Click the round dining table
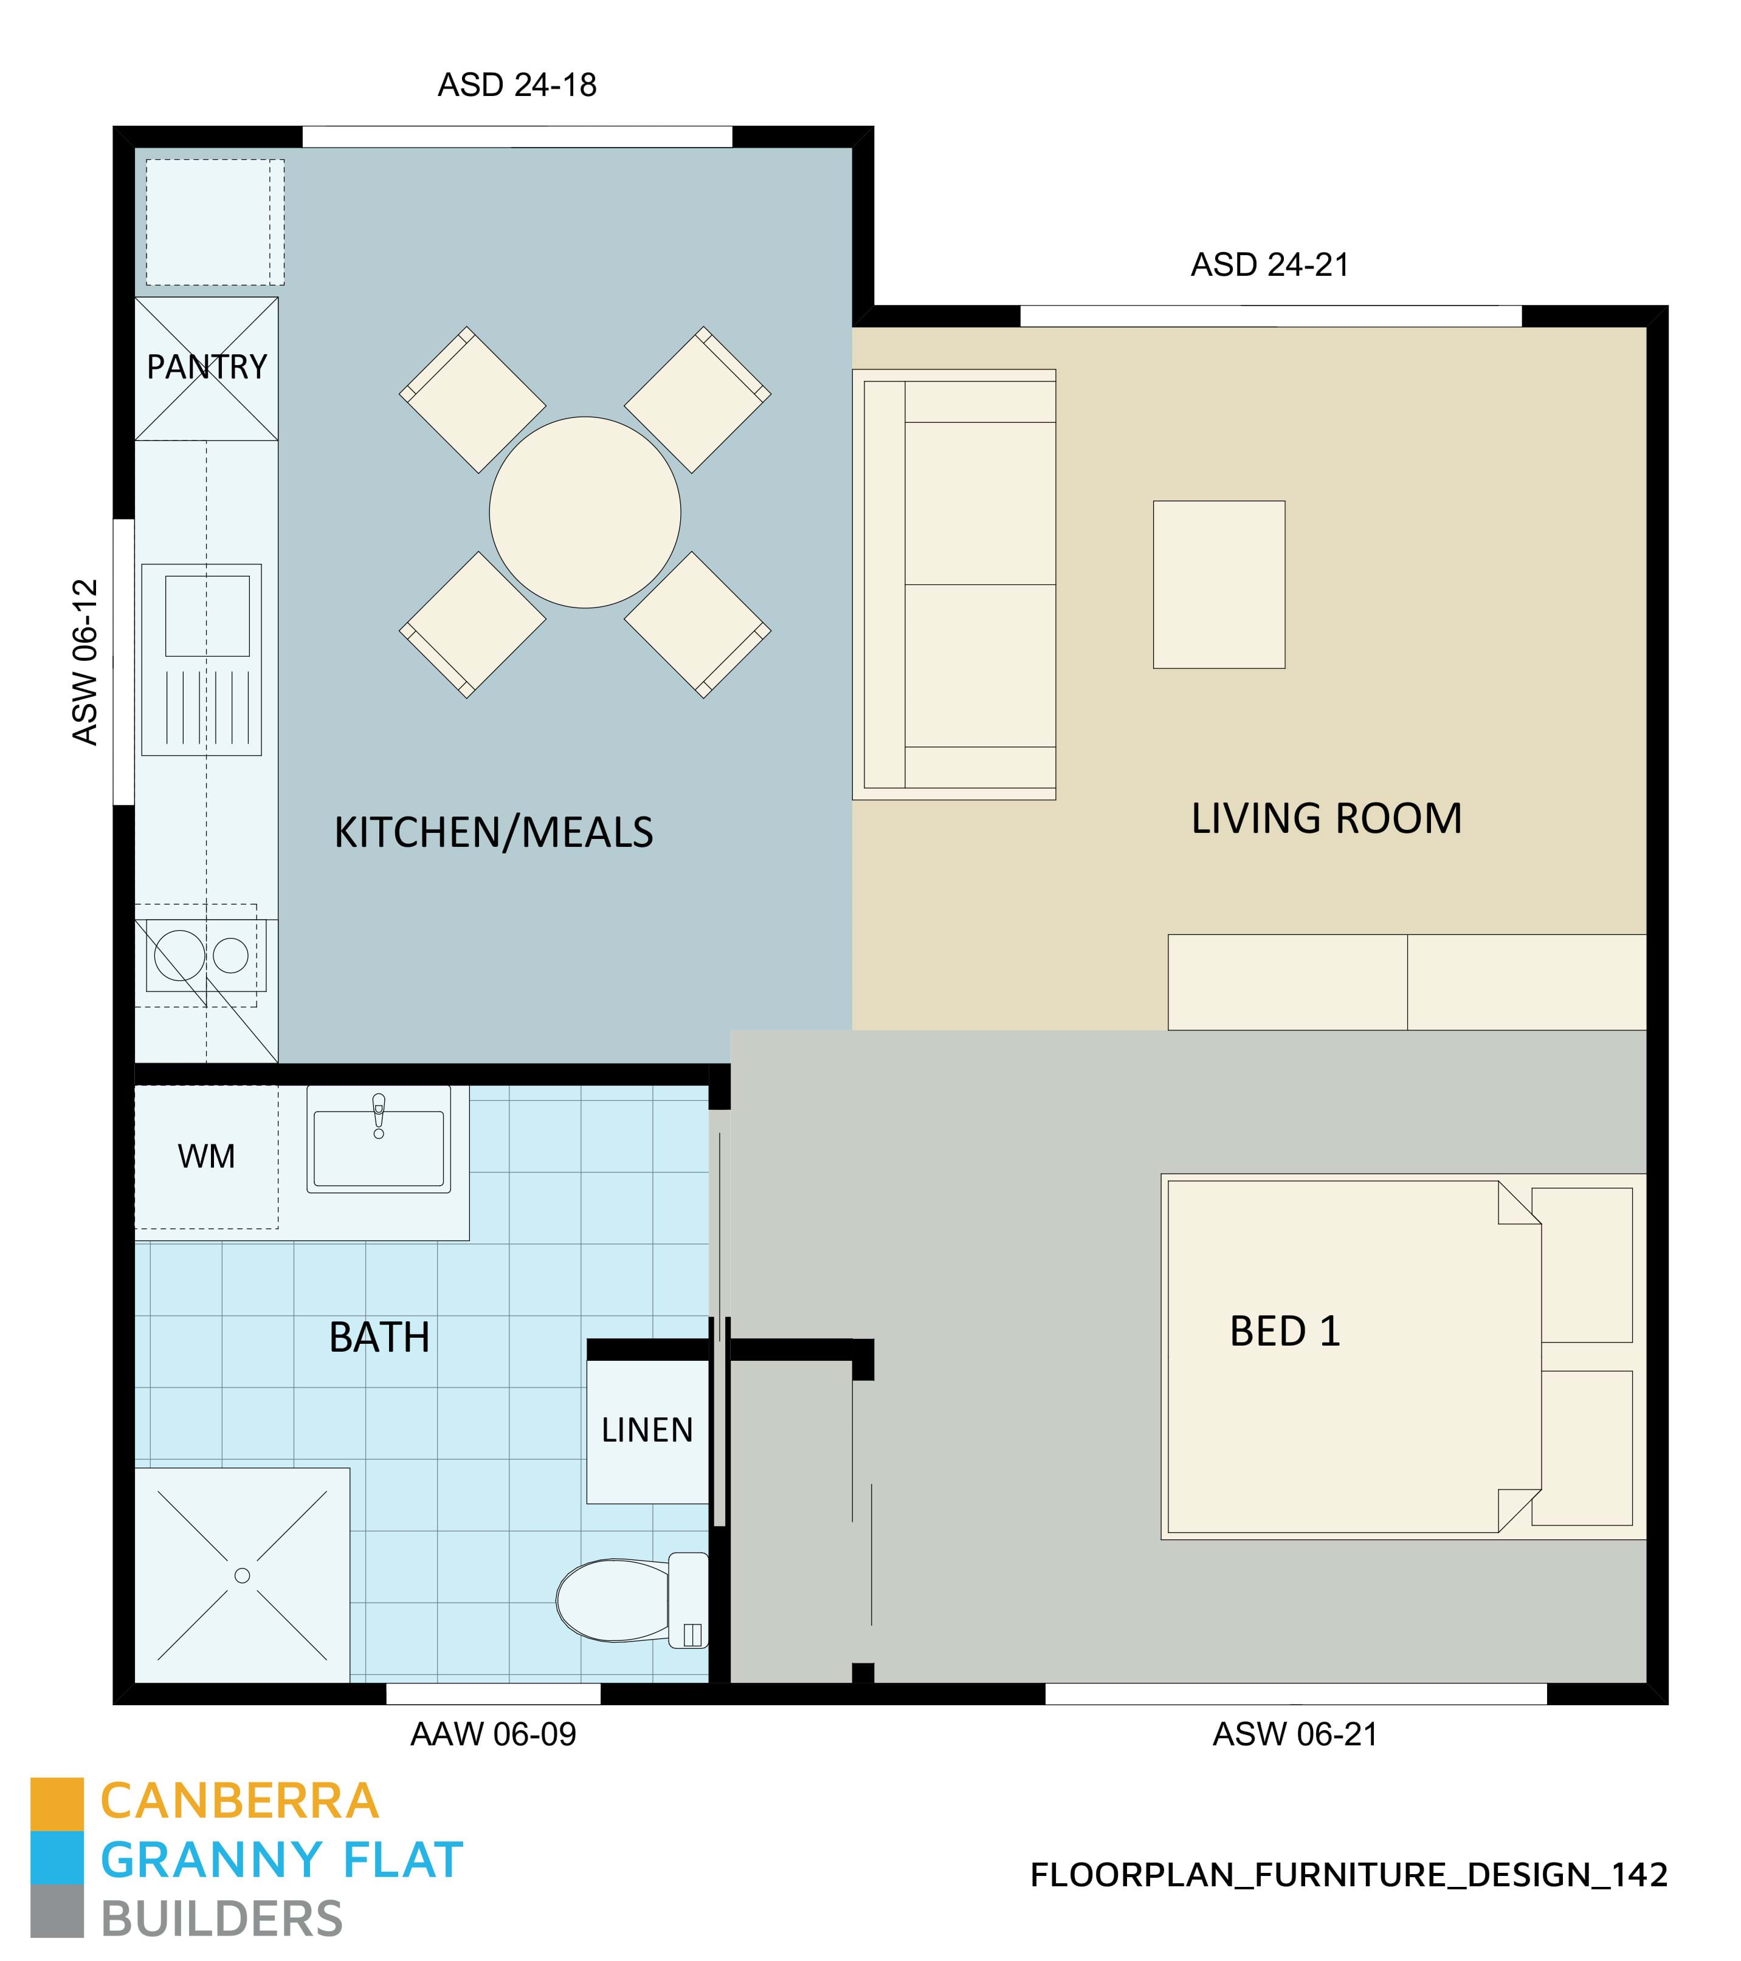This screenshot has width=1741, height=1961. click(585, 512)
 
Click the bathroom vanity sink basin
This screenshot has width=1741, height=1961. click(379, 1148)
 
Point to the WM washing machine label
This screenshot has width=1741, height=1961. click(206, 1156)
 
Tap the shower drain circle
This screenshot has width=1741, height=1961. click(242, 1575)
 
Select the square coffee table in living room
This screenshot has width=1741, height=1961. click(1219, 584)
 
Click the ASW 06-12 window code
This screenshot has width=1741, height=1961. click(86, 662)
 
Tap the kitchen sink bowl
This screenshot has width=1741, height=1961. click(207, 616)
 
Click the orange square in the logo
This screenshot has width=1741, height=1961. click(57, 1804)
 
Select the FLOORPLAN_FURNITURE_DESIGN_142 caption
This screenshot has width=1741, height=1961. click(1348, 1875)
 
